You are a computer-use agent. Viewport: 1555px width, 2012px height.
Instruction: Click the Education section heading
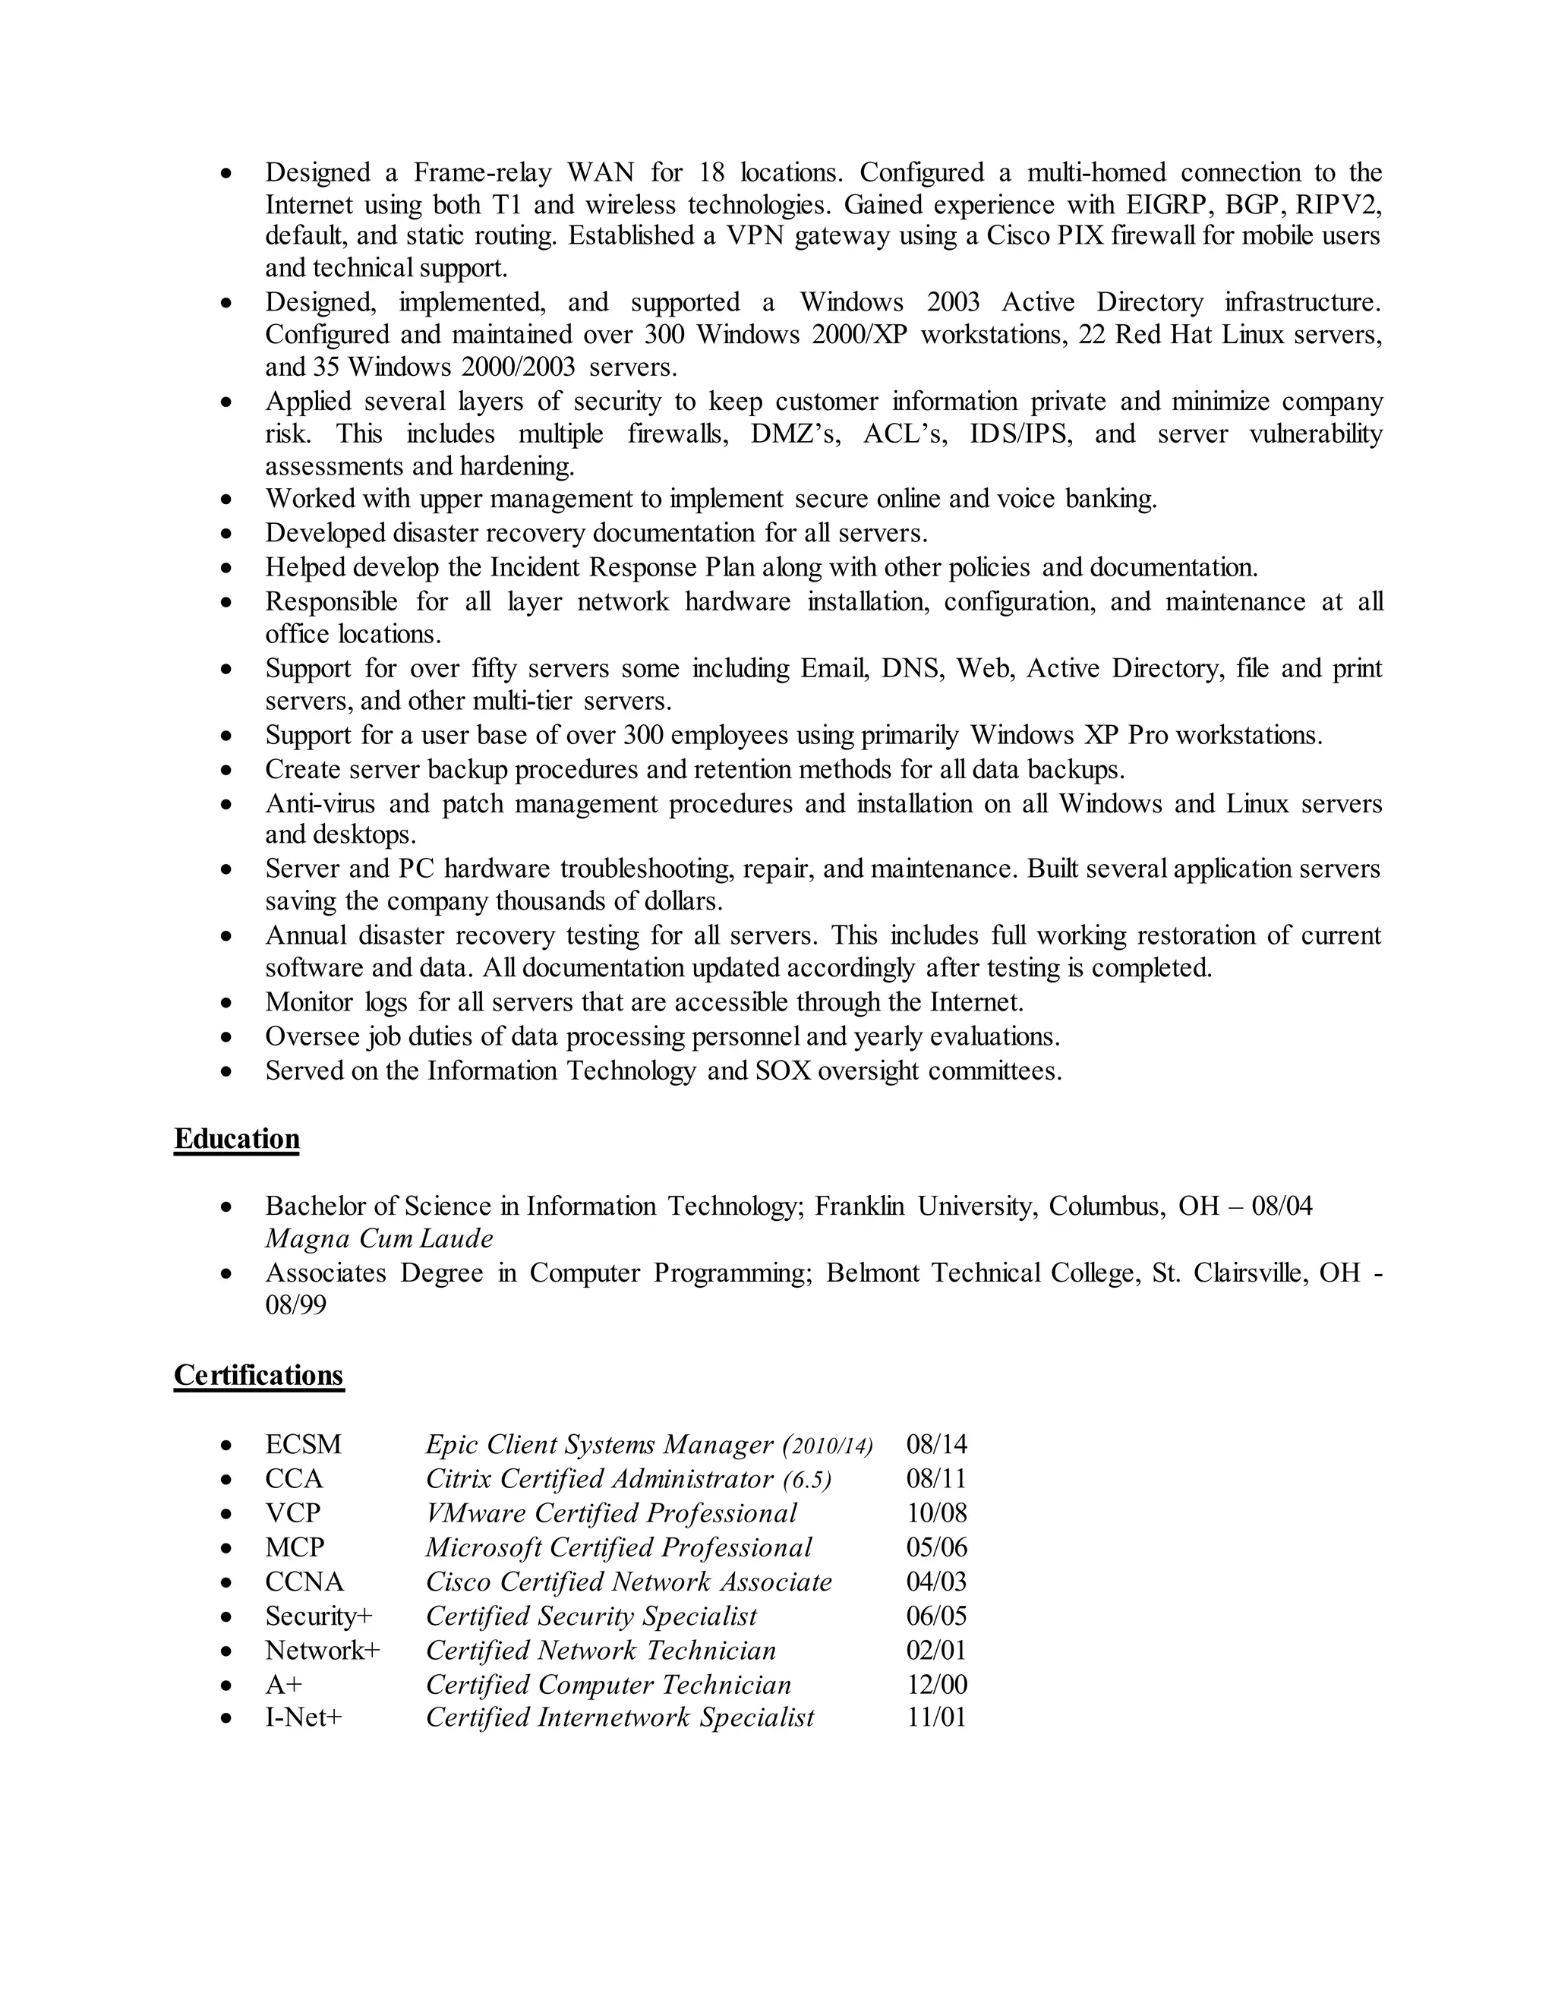237,1139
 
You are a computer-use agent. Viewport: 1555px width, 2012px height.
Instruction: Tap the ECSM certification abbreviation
303,1445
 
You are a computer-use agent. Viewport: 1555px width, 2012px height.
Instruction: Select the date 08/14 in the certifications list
936,1445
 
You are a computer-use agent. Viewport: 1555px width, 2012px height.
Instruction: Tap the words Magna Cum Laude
379,1239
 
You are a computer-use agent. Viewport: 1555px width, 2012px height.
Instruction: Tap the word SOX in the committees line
783,1071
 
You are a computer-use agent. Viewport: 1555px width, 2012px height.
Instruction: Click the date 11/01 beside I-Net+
936,1717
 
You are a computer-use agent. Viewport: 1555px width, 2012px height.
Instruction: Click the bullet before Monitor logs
226,1003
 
